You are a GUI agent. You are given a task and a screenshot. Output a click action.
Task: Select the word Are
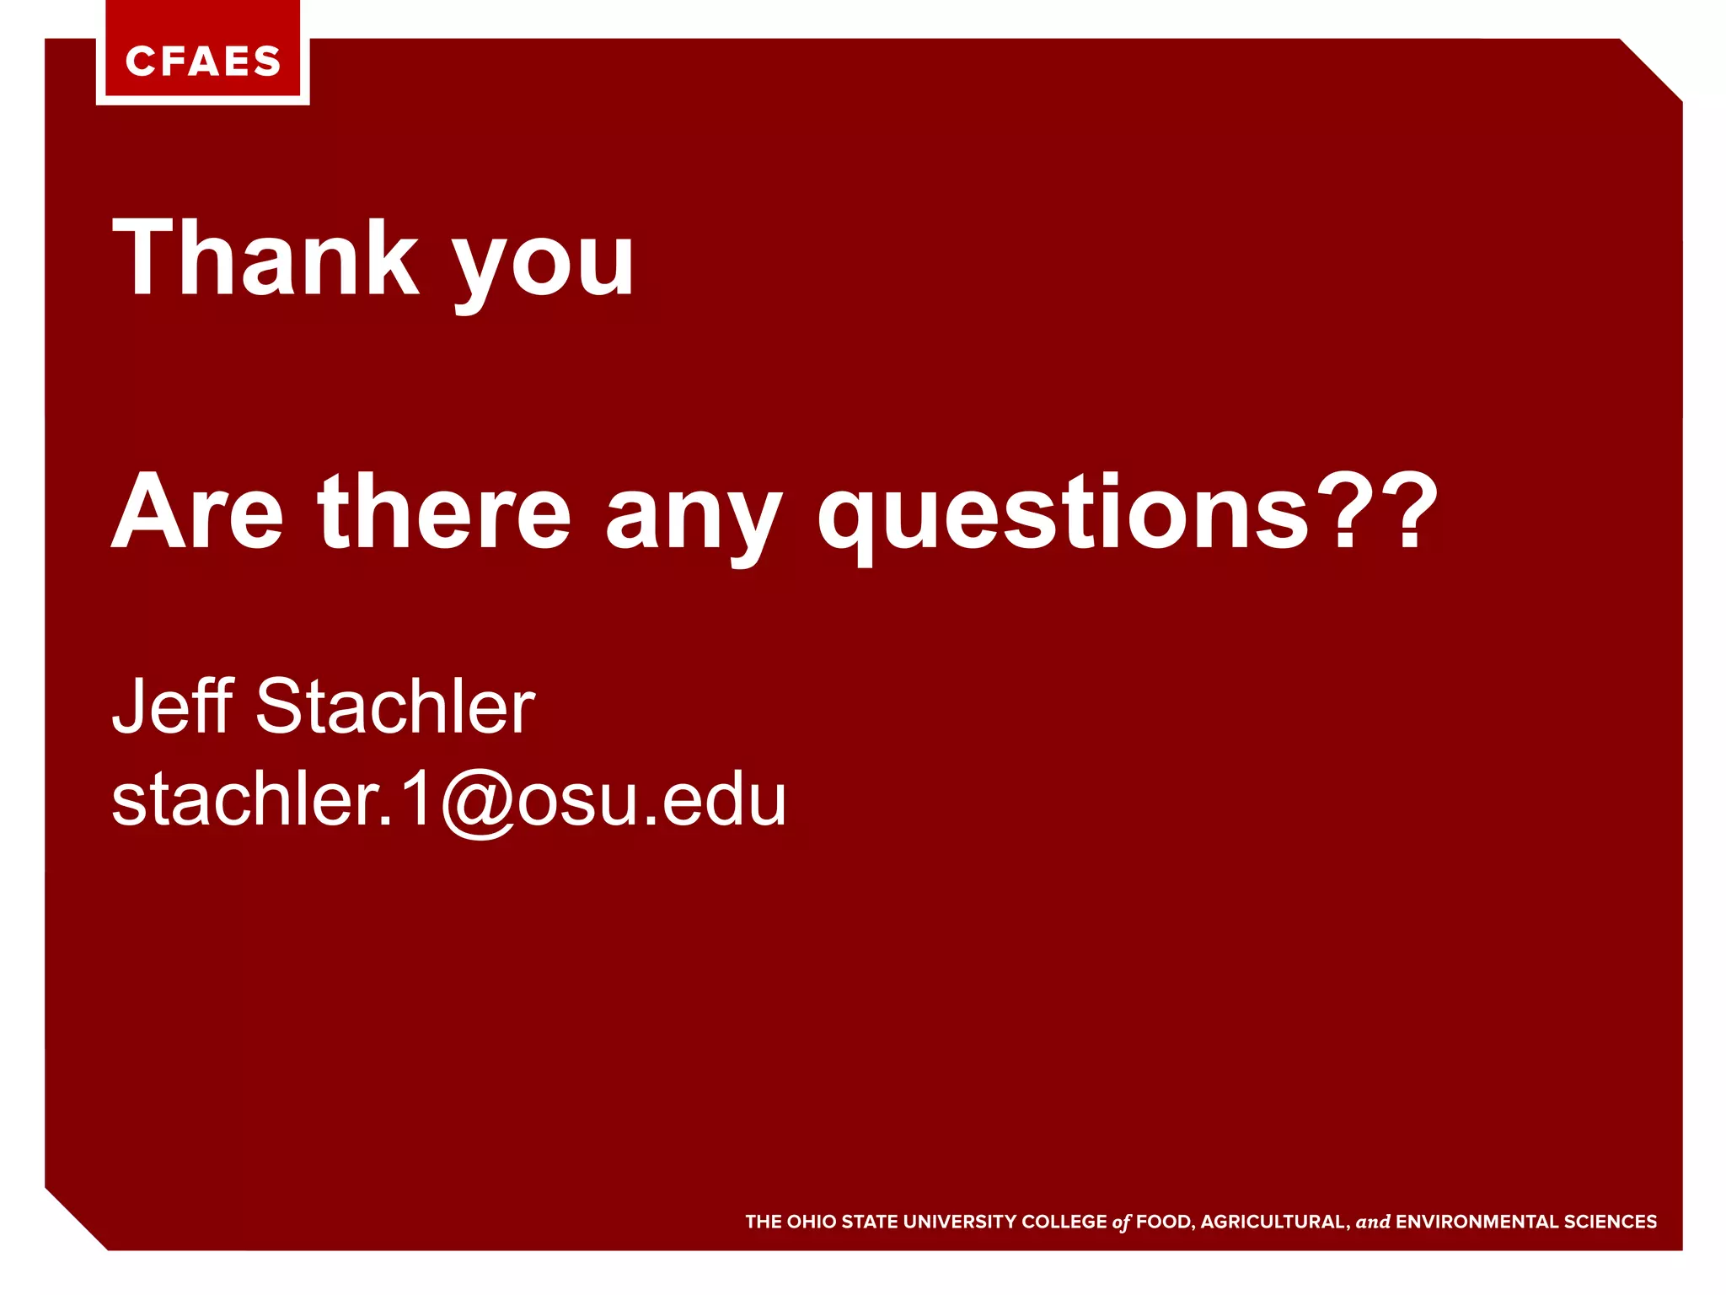[x=197, y=512]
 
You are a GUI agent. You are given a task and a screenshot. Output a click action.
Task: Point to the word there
[x=444, y=512]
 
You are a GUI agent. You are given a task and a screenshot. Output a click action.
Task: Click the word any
[x=694, y=516]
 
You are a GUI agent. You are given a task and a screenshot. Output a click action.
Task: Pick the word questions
[x=1063, y=514]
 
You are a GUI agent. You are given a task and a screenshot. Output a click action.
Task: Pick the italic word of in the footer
[x=1121, y=1222]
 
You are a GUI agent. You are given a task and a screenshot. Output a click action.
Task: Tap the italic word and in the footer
[x=1372, y=1222]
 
